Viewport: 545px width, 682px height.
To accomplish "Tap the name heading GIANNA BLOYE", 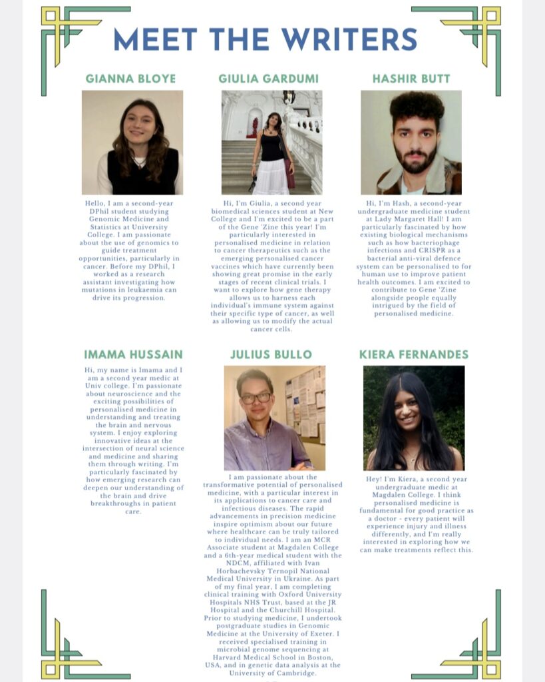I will pos(131,79).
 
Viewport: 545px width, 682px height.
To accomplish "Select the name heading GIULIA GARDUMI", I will pos(270,79).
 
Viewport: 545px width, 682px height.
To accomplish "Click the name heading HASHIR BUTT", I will pos(411,79).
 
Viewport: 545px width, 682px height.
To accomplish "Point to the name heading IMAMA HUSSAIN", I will pos(133,354).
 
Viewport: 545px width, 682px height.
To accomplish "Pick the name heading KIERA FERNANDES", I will pos(414,354).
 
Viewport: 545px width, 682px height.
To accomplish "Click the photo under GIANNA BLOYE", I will pos(132,143).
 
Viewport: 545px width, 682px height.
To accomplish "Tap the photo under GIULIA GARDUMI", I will pos(272,143).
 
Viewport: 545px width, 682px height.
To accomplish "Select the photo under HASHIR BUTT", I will pos(411,143).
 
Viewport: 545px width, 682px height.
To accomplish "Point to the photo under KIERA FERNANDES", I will pos(414,418).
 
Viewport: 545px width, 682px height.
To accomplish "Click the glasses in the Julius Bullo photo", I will pos(256,398).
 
